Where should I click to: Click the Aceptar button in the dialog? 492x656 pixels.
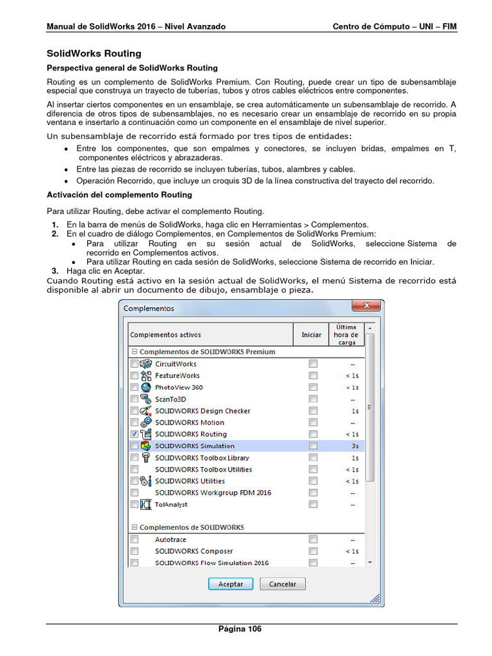[x=231, y=584]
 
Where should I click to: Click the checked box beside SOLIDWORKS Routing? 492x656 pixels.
[x=135, y=434]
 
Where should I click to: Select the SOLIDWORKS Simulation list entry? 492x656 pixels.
[x=195, y=446]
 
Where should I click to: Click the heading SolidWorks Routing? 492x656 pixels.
[x=94, y=54]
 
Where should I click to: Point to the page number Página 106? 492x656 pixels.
[x=240, y=629]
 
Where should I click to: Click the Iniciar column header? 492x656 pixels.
[x=311, y=334]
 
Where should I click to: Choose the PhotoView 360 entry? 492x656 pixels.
[x=179, y=388]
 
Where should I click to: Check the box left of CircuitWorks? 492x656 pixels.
[x=135, y=364]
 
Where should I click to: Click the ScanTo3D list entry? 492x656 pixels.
[x=170, y=399]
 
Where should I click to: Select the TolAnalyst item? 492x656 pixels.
[x=170, y=504]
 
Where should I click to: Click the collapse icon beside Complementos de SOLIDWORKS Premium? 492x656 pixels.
[x=135, y=352]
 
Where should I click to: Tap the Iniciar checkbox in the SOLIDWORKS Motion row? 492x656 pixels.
[x=313, y=423]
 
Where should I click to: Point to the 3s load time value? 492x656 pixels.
[x=354, y=446]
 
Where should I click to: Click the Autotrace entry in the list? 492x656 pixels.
[x=170, y=539]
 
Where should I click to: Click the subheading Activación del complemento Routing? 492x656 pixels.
[x=119, y=195]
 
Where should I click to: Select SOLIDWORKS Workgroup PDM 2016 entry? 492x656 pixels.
[x=213, y=493]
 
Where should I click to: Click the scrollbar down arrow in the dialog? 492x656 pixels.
[x=370, y=562]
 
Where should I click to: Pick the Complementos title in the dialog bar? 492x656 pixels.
[x=149, y=308]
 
